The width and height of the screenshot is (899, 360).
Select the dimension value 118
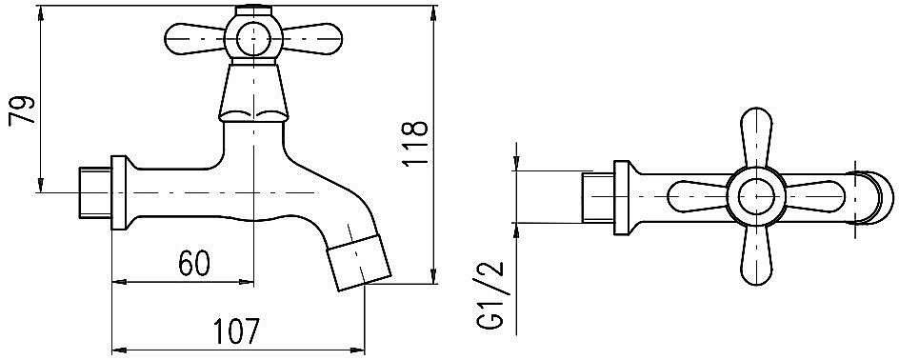coord(416,144)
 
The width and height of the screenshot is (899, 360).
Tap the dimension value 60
coord(193,264)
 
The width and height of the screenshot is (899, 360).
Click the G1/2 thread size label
coord(493,298)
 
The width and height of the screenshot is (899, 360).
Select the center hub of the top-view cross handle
coord(757,197)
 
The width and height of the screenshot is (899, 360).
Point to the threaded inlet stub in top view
coord(597,197)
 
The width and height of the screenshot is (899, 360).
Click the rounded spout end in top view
coord(876,197)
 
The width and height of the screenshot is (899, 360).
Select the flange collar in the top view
coord(624,197)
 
